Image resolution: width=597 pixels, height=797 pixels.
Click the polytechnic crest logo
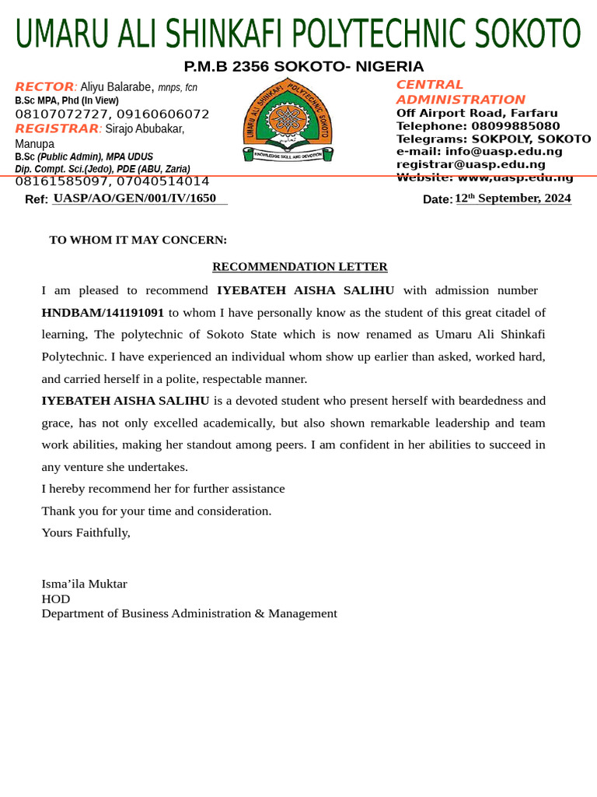click(x=288, y=121)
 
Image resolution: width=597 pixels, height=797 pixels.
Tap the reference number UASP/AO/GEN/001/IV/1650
click(x=134, y=198)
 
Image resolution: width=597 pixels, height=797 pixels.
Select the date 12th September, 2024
click(x=513, y=198)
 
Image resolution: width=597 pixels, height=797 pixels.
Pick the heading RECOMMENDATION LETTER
click(x=299, y=267)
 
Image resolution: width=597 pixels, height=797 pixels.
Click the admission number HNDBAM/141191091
click(x=103, y=313)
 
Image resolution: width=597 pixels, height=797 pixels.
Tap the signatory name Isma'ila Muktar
click(x=84, y=584)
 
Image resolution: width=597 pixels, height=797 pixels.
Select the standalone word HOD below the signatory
click(x=55, y=599)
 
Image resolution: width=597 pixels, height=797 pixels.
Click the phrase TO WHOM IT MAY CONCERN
click(x=138, y=240)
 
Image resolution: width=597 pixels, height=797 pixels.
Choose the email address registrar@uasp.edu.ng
click(x=470, y=164)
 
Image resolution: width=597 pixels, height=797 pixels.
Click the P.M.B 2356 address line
click(x=303, y=67)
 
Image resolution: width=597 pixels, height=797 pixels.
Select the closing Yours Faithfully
click(x=86, y=533)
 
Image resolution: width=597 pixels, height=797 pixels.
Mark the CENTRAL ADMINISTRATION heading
click(x=460, y=92)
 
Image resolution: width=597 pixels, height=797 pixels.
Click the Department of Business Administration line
click(x=189, y=613)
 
